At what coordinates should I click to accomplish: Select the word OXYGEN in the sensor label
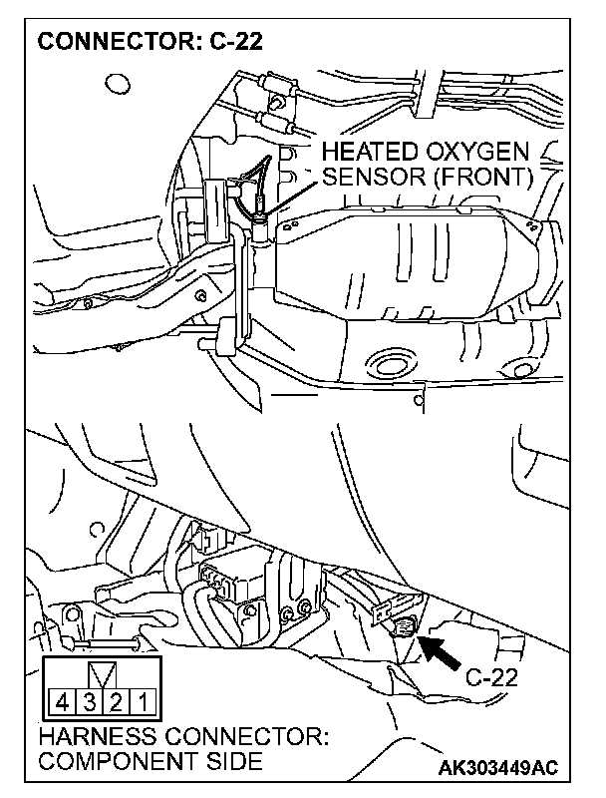(492, 153)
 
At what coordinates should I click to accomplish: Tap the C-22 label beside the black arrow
(490, 677)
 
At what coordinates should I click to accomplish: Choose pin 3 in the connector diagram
(88, 704)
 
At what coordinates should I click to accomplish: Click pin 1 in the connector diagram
(142, 704)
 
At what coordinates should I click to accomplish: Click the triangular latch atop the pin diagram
(101, 673)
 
